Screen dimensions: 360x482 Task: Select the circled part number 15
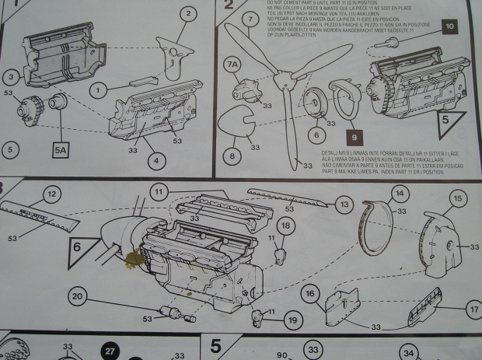click(x=457, y=199)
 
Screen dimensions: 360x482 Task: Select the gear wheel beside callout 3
click(x=33, y=107)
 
